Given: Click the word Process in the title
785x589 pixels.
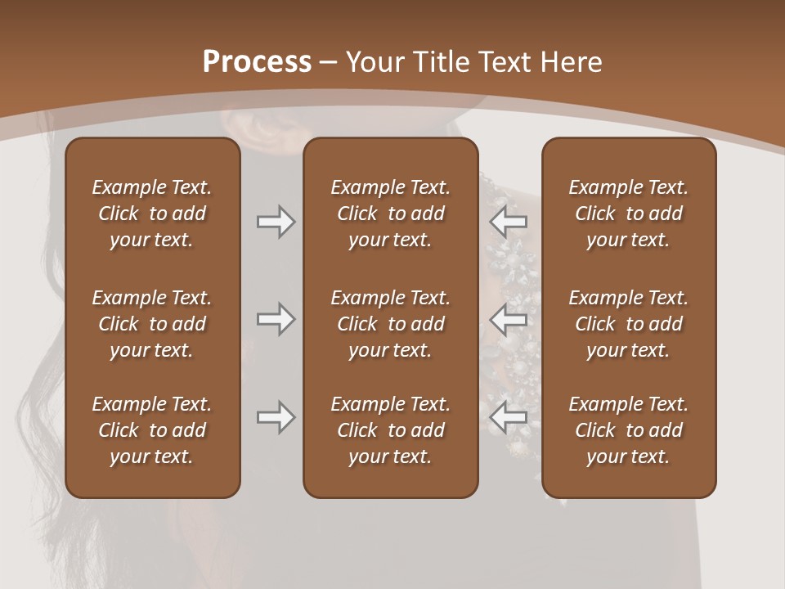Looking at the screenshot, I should tap(257, 62).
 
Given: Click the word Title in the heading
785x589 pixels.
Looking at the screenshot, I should tap(442, 62).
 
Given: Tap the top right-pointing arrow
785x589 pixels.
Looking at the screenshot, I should tap(276, 222).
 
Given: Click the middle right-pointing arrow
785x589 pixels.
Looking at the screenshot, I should tap(276, 319).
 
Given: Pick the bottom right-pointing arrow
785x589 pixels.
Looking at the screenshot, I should tap(276, 417).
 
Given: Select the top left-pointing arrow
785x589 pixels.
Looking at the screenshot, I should tap(509, 222).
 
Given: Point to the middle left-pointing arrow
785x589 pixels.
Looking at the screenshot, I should tap(509, 319).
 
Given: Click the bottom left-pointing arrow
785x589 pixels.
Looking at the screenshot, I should tap(509, 417).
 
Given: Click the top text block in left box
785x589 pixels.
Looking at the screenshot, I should tap(152, 214).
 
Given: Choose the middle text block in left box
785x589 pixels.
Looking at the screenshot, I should tap(152, 324).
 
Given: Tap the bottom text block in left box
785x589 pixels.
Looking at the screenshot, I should tap(152, 430).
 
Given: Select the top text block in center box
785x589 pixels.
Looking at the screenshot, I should tap(390, 214).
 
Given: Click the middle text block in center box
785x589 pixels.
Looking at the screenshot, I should tap(390, 324).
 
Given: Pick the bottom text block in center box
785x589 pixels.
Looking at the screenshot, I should tap(390, 430).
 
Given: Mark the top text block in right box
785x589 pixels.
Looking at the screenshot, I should tap(628, 214).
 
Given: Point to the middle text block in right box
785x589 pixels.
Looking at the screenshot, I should tap(628, 324).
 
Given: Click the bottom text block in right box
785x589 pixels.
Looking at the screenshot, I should tap(628, 430).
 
